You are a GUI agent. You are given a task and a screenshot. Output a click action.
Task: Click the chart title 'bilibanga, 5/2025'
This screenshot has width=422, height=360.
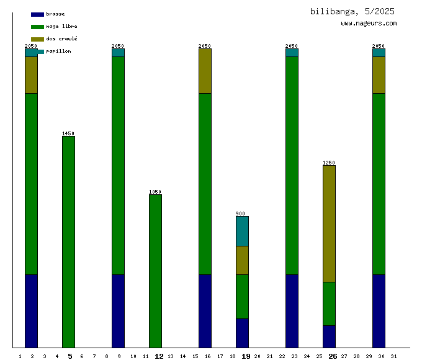352,11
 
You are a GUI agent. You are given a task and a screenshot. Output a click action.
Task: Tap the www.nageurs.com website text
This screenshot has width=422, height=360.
369,24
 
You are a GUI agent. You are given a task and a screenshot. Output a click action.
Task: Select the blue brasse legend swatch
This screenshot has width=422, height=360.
37,14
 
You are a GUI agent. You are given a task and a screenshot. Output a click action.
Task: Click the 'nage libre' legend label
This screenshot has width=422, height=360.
61,27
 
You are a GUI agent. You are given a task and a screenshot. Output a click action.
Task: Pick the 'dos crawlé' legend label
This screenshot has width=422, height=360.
61,39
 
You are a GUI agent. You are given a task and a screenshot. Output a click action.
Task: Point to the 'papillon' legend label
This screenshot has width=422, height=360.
58,52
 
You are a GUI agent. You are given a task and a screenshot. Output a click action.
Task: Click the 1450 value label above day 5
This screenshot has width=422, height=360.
68,133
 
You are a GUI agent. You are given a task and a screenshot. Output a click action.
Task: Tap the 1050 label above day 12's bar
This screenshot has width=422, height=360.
155,192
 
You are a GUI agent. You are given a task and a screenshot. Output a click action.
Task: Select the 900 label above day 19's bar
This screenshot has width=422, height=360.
241,214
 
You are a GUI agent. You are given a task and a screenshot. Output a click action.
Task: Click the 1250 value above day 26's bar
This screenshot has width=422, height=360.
329,163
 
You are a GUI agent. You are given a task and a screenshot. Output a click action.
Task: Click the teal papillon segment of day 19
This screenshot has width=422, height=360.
242,231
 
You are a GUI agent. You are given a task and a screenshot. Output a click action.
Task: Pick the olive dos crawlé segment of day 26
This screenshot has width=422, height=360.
329,223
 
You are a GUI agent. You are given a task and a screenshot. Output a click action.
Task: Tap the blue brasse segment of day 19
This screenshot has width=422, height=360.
242,333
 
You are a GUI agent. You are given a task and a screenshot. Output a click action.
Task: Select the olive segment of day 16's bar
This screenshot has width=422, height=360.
205,71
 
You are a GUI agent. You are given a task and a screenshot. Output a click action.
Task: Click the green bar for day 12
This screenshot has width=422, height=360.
155,271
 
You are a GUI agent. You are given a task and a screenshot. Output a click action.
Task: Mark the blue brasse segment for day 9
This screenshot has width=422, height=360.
118,310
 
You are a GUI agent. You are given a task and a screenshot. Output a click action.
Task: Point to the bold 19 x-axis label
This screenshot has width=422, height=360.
246,356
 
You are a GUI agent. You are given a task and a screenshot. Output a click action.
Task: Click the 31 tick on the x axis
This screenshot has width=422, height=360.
394,356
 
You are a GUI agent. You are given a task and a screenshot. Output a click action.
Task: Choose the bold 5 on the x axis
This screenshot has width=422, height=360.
70,356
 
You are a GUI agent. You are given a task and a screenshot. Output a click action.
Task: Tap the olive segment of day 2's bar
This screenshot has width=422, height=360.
31,74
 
